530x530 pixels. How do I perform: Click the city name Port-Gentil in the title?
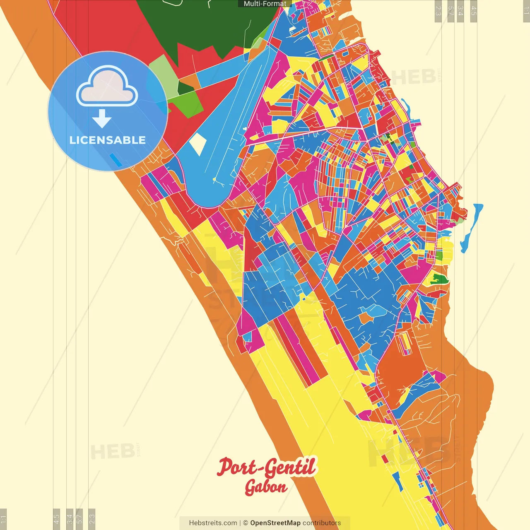tap(266, 467)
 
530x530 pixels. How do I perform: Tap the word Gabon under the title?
tap(266, 487)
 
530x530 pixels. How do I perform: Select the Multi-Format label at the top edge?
tap(265, 4)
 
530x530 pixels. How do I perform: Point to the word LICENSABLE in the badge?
tap(108, 140)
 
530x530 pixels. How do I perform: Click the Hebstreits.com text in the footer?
tap(213, 523)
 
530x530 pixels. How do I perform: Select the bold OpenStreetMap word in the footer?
tap(275, 523)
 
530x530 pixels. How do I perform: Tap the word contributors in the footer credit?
tap(322, 523)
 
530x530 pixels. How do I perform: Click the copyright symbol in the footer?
tap(246, 523)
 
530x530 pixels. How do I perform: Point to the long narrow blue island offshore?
tap(471, 228)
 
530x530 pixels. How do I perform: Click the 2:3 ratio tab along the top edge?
tap(438, 11)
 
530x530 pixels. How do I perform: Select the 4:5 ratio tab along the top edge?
tap(474, 11)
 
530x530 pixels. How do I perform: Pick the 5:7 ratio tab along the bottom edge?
tap(79, 518)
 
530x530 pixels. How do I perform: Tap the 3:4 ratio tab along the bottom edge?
tap(70, 518)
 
